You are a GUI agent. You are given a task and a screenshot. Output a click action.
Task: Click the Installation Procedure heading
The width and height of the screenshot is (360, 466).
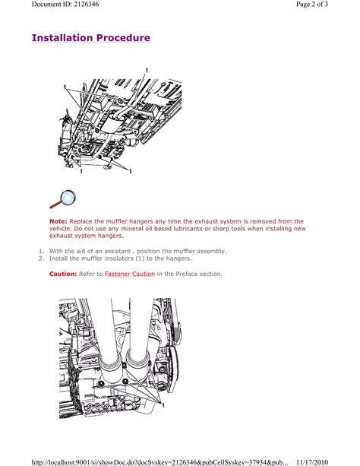click(x=91, y=38)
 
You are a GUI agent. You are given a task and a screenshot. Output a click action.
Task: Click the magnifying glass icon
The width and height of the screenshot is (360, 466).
click(x=63, y=199)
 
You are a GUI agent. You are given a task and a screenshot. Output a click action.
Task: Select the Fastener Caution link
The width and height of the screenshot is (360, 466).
click(x=130, y=274)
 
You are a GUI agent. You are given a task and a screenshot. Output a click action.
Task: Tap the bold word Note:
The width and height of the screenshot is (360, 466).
click(x=58, y=221)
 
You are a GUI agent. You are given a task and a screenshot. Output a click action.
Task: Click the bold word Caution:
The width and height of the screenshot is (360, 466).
click(x=63, y=274)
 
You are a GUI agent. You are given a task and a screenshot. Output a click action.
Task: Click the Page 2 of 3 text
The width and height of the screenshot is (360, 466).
click(x=312, y=4)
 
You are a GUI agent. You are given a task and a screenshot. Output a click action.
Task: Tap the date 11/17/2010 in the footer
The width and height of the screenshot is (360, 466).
click(x=312, y=462)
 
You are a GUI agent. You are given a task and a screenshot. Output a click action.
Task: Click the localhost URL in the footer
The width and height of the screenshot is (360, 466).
click(x=159, y=462)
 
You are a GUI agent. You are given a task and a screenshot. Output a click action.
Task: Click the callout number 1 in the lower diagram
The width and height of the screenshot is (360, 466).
click(x=163, y=404)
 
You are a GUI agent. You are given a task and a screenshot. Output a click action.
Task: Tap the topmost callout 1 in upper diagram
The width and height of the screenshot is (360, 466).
click(x=147, y=71)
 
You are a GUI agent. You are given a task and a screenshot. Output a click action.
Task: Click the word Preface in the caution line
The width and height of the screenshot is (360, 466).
click(x=187, y=274)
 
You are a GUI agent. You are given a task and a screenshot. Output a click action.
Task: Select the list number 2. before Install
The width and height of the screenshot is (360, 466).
click(x=41, y=258)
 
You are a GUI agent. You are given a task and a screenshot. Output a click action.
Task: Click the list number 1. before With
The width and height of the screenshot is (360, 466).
click(x=41, y=251)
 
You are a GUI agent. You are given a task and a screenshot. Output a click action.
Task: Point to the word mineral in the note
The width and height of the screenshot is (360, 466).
click(x=131, y=229)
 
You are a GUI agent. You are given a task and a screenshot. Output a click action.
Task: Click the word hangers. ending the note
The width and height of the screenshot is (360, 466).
click(x=111, y=236)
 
